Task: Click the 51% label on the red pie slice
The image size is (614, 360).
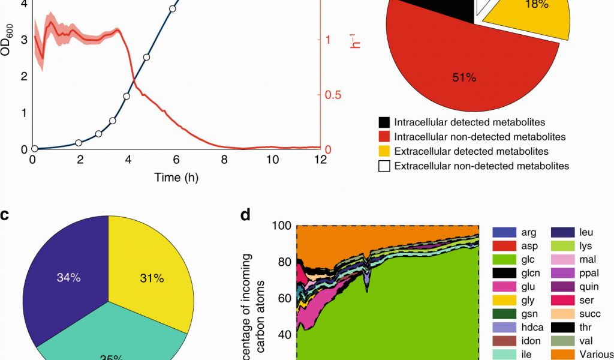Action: (x=464, y=77)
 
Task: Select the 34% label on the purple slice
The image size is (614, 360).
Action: (x=68, y=278)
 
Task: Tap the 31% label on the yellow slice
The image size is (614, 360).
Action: (x=151, y=278)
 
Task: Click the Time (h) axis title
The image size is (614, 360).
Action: (x=176, y=178)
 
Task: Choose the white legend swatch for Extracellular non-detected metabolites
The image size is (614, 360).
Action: (x=385, y=166)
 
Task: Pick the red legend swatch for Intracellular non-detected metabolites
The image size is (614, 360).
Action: (x=385, y=137)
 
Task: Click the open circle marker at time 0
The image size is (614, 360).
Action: (x=34, y=149)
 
